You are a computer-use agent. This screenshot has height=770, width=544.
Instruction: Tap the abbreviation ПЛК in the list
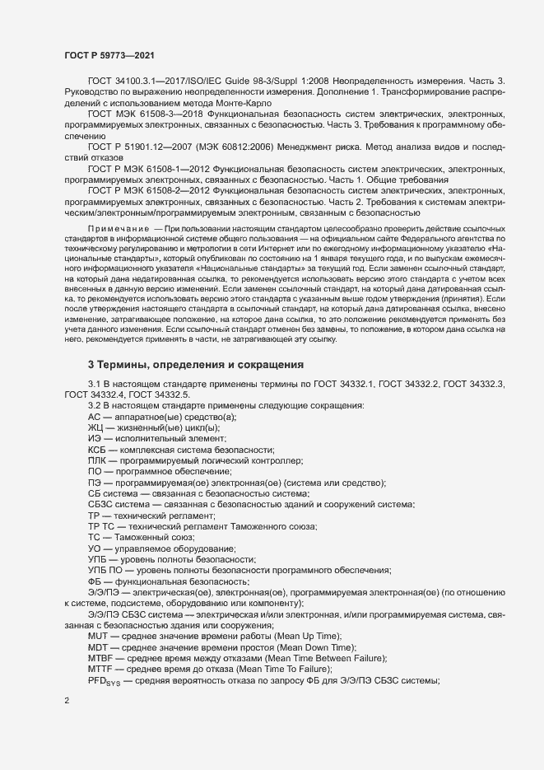tap(97, 462)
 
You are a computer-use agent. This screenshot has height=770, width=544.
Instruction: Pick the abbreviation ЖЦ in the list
tap(95, 427)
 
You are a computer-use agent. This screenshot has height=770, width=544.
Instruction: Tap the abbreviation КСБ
tap(98, 450)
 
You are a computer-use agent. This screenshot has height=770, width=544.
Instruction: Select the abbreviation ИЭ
tap(95, 439)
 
